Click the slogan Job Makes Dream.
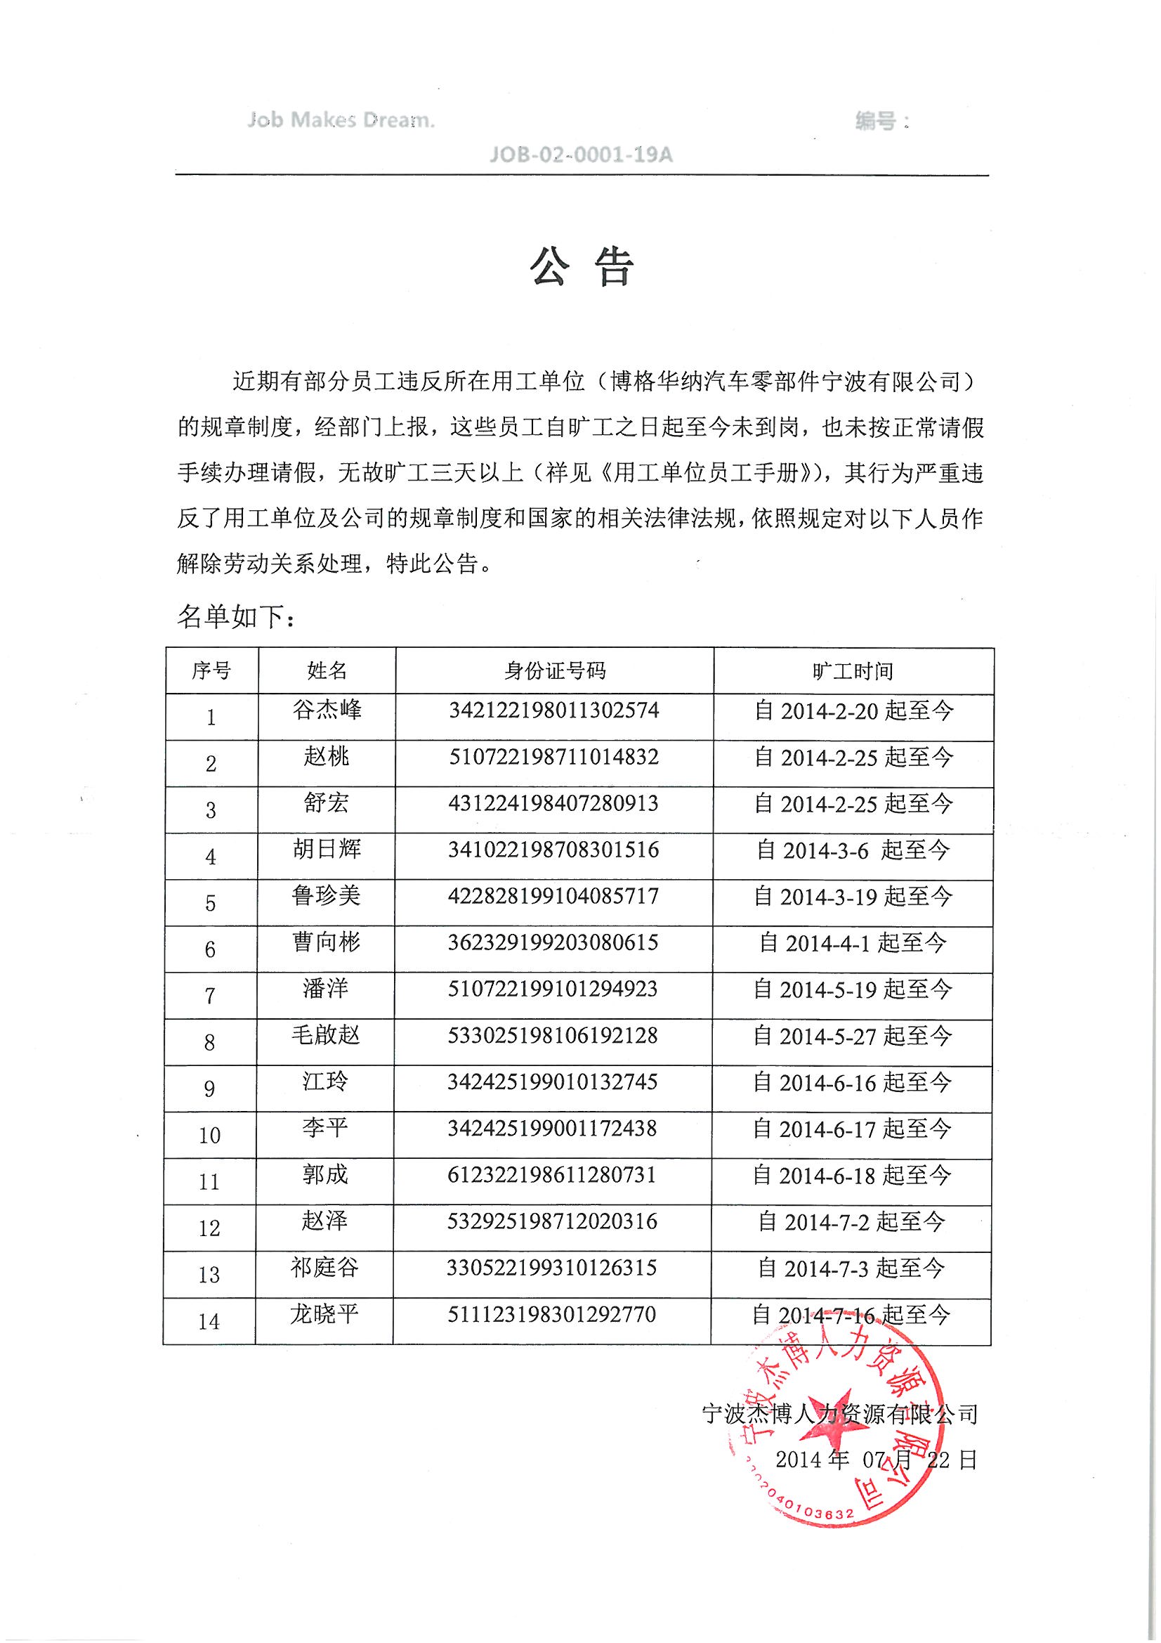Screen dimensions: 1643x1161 (341, 120)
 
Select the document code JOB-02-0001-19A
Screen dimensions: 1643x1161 (581, 155)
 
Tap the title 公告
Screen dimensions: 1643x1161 (582, 268)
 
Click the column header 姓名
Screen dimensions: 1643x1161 (327, 670)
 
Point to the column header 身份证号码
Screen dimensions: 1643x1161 (554, 670)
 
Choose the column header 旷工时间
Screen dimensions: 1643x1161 (853, 671)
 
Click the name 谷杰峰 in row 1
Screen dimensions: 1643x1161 (327, 710)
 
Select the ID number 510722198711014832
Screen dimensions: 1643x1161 (553, 757)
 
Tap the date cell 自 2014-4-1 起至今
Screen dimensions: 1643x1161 (853, 943)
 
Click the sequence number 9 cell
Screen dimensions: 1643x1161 (209, 1089)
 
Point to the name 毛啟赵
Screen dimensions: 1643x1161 (325, 1035)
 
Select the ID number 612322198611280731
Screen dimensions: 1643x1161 (552, 1175)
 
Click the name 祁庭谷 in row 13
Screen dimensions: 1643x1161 (324, 1268)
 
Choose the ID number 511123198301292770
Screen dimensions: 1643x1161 (552, 1315)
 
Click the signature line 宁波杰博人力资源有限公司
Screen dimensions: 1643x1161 (840, 1414)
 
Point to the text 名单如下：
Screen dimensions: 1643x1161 (236, 617)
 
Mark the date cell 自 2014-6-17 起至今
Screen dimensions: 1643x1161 (852, 1129)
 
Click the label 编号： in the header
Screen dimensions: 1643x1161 (883, 121)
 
